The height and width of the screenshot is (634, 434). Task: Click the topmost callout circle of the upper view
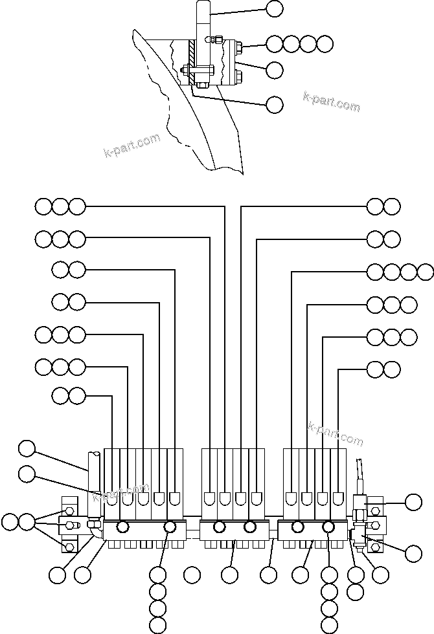(275, 8)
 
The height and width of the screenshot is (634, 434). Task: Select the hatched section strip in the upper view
(192, 61)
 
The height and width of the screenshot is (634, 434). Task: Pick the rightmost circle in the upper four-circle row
(325, 44)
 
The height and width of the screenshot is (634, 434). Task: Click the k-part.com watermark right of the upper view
(331, 102)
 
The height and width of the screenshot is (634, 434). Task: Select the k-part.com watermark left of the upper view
(131, 146)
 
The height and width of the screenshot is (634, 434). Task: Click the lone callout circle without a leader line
(192, 574)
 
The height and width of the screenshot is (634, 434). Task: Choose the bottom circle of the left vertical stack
(157, 624)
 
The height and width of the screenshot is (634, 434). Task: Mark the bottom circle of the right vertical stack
(329, 624)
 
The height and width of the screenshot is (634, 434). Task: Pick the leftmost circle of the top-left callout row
(43, 207)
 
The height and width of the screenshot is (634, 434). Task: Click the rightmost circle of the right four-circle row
(426, 271)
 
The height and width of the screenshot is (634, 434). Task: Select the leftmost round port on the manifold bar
(121, 527)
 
